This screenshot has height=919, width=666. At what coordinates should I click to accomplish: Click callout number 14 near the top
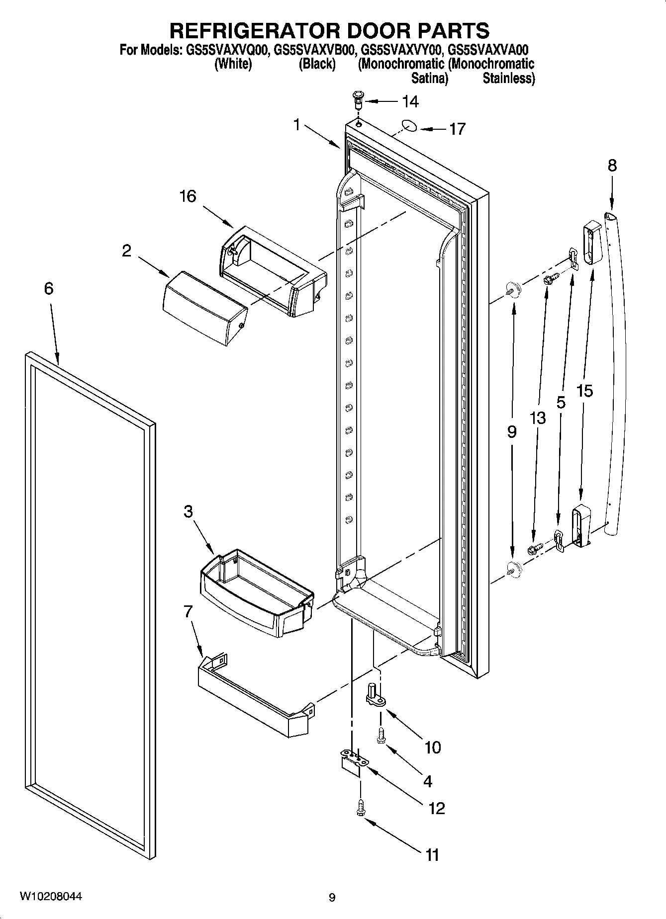click(x=410, y=102)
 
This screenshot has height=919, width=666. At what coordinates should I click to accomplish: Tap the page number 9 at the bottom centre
click(x=332, y=897)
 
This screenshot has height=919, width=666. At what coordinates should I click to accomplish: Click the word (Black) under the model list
click(x=317, y=64)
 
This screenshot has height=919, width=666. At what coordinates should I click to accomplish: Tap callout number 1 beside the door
click(x=297, y=124)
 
